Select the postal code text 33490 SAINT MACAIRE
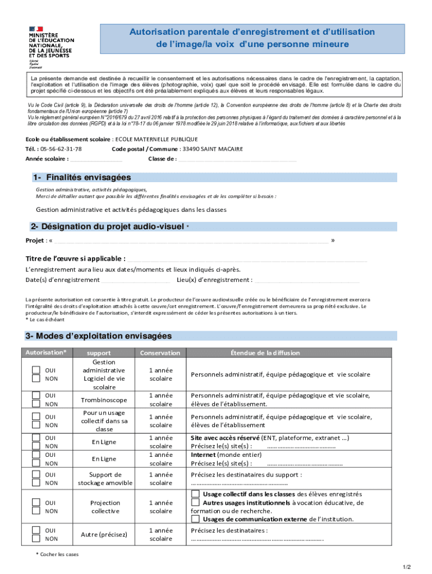pyautogui.click(x=212, y=149)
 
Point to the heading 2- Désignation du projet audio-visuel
pyautogui.click(x=107, y=227)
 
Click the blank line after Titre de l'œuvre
pyautogui.click(x=247, y=259)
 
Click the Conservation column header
pyautogui.click(x=160, y=353)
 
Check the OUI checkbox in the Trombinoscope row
pyautogui.click(x=36, y=396)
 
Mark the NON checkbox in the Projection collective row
pyautogui.click(x=36, y=511)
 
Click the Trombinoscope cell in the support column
pyautogui.click(x=104, y=400)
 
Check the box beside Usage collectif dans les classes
pyautogui.click(x=195, y=494)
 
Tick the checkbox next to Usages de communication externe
pyautogui.click(x=195, y=519)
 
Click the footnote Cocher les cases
pyautogui.click(x=59, y=554)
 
